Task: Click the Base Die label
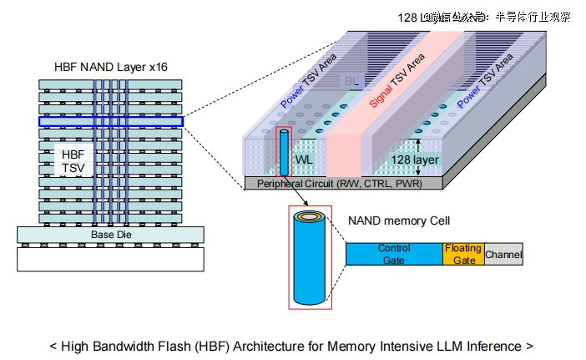pos(110,236)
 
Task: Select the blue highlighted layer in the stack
pos(110,121)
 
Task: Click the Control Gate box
pos(394,254)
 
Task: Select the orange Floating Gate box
pos(462,254)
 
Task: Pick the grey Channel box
pos(503,254)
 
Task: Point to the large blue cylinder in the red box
pos(310,260)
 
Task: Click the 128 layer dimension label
pos(415,160)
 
